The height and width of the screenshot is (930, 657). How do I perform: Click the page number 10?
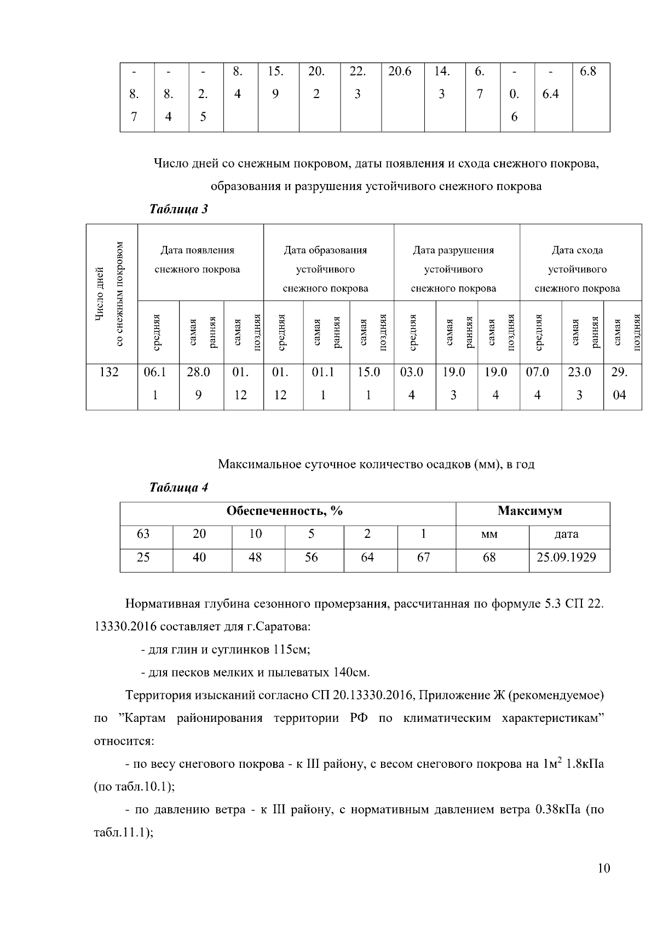(x=603, y=868)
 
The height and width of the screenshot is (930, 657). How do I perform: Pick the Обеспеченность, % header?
(x=285, y=511)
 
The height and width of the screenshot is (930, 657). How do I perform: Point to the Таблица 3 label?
(x=178, y=209)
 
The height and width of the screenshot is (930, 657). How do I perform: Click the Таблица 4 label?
(x=178, y=487)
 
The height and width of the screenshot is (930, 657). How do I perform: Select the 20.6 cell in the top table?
(x=400, y=72)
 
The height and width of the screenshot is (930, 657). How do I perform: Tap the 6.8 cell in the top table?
(x=587, y=72)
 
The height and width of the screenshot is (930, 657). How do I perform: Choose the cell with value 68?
(x=489, y=558)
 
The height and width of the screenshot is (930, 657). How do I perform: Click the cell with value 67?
(x=423, y=558)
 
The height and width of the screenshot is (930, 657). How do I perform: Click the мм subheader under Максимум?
(x=489, y=534)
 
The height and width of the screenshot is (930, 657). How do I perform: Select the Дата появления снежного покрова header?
(x=197, y=260)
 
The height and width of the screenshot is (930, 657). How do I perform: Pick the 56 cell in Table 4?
(x=311, y=558)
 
